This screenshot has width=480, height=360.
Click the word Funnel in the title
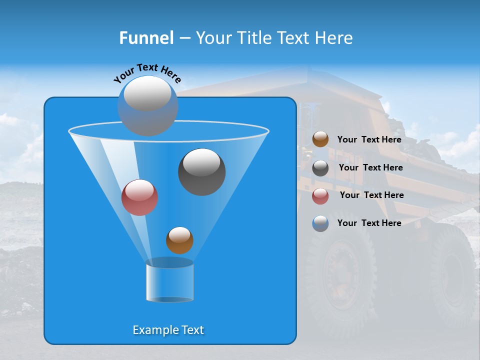coord(146,38)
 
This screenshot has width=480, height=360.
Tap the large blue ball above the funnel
coord(147,105)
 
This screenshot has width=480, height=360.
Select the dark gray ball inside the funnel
coord(201,171)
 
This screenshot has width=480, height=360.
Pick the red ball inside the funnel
coord(139,197)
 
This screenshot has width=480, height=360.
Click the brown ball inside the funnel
coord(179,240)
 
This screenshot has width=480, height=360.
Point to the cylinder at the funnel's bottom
coord(169,280)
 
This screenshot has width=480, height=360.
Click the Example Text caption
coord(168,330)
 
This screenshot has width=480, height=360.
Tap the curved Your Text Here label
coord(147,73)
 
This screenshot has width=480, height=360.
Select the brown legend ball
coord(320,139)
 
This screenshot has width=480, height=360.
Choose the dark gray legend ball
coord(320,168)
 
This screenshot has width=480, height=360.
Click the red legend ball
coord(320,196)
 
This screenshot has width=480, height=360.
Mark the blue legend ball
coord(320,223)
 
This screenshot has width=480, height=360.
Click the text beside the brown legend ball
coord(369,139)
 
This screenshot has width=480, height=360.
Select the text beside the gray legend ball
coord(370,167)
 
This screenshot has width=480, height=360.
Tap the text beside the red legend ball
coord(371,195)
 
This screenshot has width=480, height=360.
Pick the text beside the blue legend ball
coord(369,223)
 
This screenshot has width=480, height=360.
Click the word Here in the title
coord(335,38)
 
